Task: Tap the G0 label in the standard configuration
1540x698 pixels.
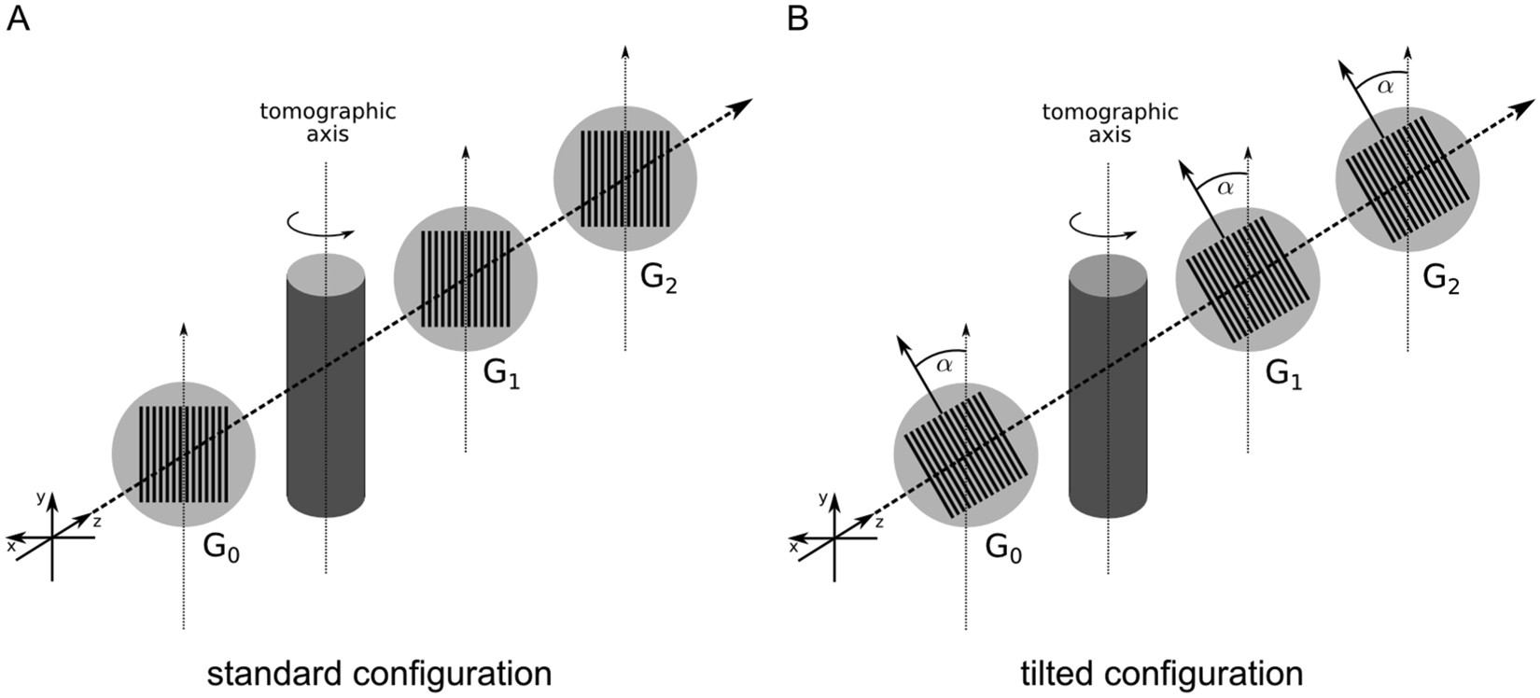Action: point(222,549)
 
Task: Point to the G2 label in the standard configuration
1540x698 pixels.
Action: point(659,277)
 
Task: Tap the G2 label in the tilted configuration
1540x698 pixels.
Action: point(1442,277)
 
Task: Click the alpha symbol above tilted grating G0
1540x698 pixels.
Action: point(945,365)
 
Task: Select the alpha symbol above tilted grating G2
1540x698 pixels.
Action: point(1386,86)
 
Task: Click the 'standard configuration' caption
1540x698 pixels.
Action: point(379,673)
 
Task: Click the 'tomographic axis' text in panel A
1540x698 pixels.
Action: point(328,122)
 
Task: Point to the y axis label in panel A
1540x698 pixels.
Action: point(40,497)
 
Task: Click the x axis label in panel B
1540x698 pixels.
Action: point(793,547)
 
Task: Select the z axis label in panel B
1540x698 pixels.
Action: point(878,523)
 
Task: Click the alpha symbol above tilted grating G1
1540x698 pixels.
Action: point(1225,188)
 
